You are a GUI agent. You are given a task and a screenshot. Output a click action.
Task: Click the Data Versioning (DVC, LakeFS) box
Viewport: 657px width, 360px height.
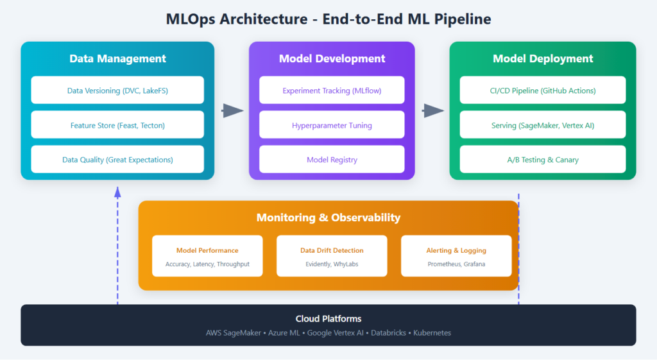point(117,90)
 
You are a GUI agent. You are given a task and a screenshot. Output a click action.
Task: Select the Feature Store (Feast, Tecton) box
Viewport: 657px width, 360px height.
point(117,125)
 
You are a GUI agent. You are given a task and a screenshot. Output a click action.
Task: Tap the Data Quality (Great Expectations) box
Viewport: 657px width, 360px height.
point(117,159)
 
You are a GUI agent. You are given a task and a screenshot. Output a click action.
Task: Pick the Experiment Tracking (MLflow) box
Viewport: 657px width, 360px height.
point(332,90)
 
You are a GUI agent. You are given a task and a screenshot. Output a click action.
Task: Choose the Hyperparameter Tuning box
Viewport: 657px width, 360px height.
point(332,125)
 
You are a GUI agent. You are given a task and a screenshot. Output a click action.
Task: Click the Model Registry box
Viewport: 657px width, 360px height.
point(332,159)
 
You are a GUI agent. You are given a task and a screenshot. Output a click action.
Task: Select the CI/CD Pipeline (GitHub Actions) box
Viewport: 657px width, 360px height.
point(542,90)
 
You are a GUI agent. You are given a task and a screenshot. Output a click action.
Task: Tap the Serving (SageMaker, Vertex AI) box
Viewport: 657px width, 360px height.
point(542,125)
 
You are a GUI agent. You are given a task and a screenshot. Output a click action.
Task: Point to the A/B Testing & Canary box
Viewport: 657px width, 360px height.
point(542,159)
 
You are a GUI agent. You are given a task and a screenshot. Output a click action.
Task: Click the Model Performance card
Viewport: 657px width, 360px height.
point(207,256)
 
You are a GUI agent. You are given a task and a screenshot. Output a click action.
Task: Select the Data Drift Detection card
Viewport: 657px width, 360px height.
point(332,256)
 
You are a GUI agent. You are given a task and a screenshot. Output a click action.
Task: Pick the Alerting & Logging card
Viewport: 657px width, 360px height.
point(456,256)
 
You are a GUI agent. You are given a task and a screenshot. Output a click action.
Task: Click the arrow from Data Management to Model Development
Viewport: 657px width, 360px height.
point(233,111)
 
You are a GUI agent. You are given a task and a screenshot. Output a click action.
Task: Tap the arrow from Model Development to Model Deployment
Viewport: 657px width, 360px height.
point(433,111)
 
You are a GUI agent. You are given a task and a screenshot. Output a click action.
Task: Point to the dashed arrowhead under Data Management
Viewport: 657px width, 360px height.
point(117,191)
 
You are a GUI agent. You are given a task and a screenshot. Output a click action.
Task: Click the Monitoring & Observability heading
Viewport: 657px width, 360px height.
point(328,218)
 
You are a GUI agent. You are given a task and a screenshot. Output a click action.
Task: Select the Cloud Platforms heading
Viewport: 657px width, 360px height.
point(328,319)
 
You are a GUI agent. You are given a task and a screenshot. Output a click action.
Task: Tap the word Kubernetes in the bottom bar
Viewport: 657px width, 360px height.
point(432,333)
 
